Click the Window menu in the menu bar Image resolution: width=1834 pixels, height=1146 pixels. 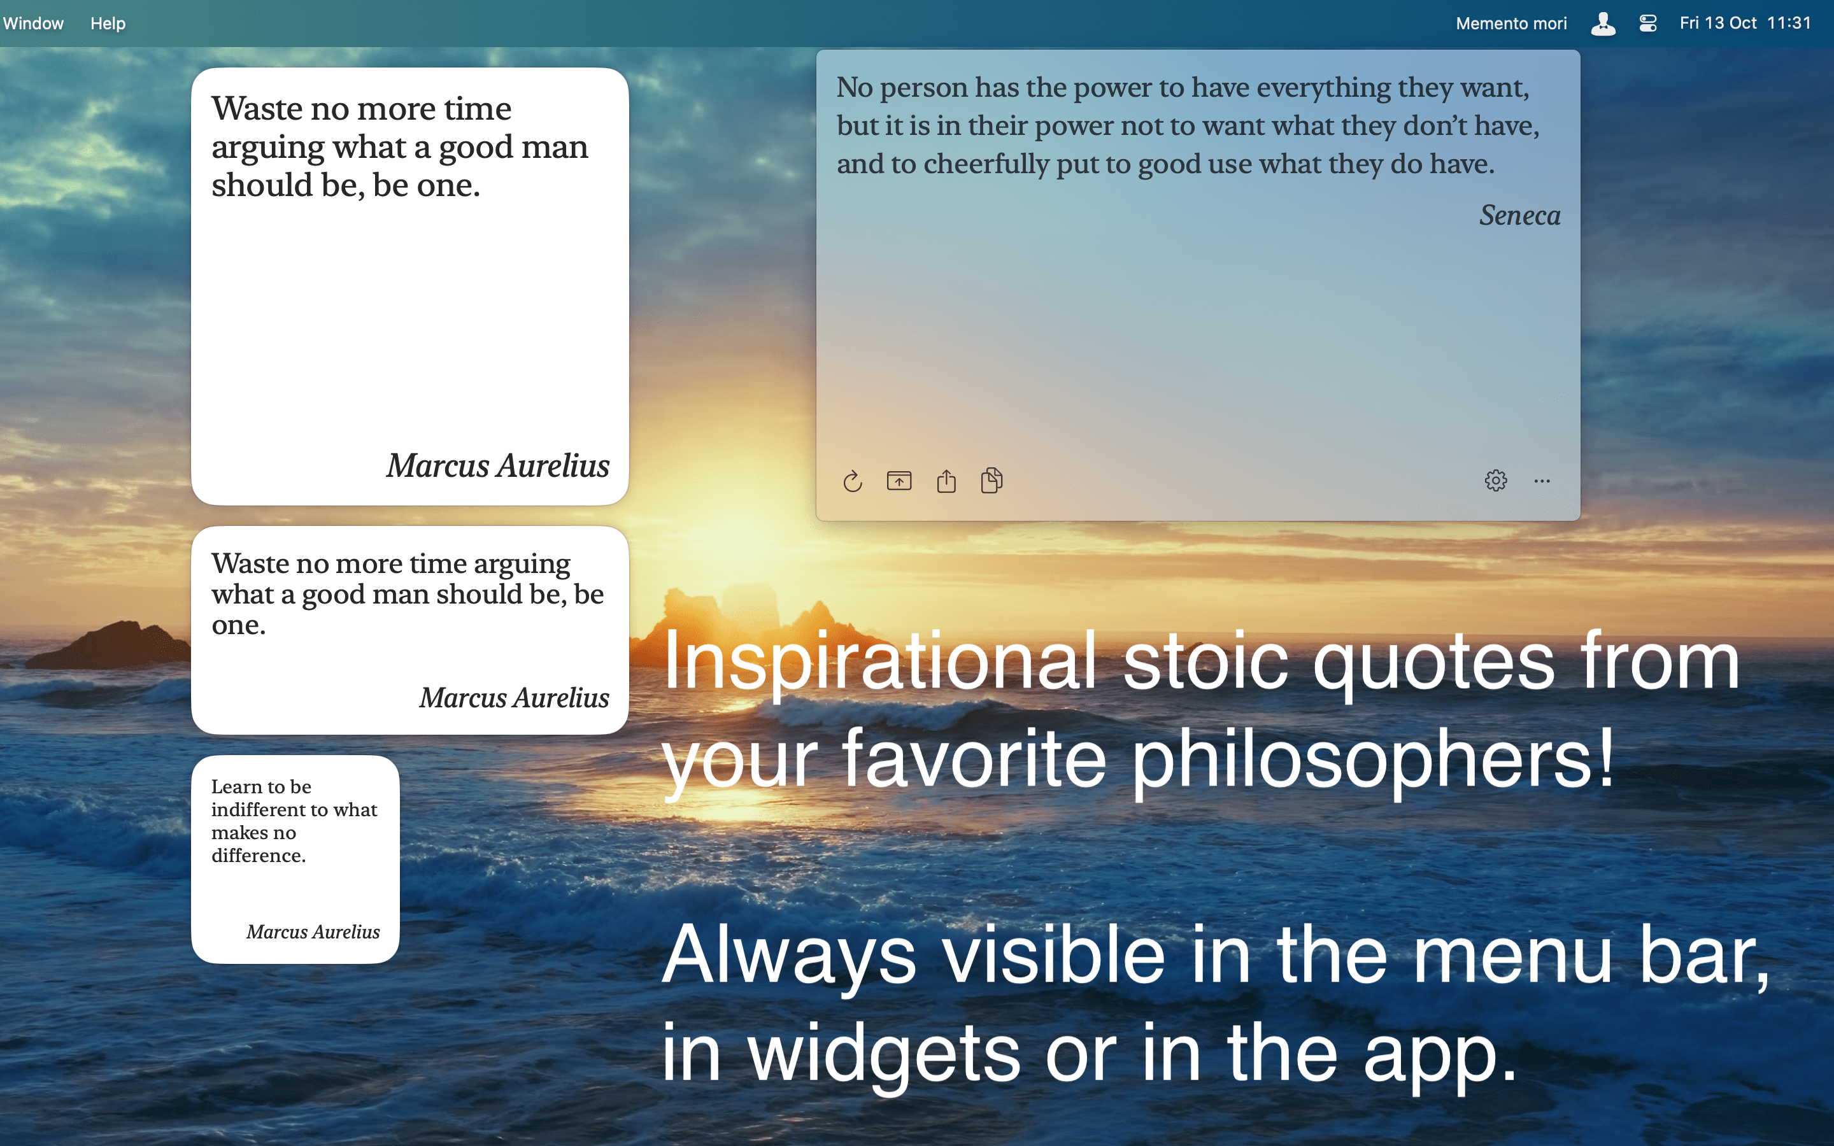[x=33, y=24]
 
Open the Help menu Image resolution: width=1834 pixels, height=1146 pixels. [x=108, y=24]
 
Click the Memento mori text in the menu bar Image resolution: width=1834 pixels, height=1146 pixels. [x=1511, y=24]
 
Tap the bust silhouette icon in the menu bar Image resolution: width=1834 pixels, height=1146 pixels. [x=1603, y=24]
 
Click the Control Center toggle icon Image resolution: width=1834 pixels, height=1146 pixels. [x=1647, y=24]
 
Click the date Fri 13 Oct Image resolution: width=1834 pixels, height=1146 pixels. [x=1718, y=24]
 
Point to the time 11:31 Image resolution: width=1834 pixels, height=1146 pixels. [x=1789, y=24]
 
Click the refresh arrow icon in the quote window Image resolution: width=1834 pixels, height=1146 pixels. [x=853, y=481]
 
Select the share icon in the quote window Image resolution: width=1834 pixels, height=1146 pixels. [x=946, y=481]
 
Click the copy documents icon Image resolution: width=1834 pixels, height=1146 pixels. [x=992, y=481]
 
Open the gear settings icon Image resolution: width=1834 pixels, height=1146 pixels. [x=1496, y=481]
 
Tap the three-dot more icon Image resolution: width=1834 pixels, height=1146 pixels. [x=1542, y=481]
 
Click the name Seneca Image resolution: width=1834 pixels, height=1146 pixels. [x=1519, y=216]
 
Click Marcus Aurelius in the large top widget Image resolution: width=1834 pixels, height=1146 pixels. [x=498, y=465]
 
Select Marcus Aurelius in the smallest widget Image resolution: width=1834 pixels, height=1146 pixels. [x=313, y=931]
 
